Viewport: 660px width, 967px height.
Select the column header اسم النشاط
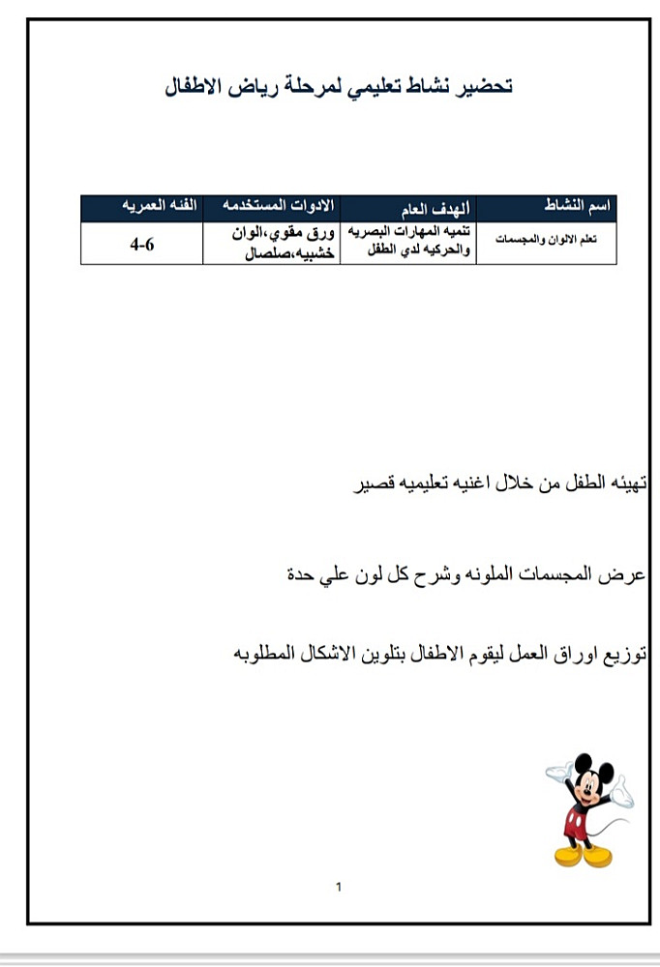point(577,208)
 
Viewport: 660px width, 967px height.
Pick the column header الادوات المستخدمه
point(279,206)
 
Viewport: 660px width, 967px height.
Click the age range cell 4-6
point(142,245)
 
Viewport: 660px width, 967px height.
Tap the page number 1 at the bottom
point(338,886)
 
